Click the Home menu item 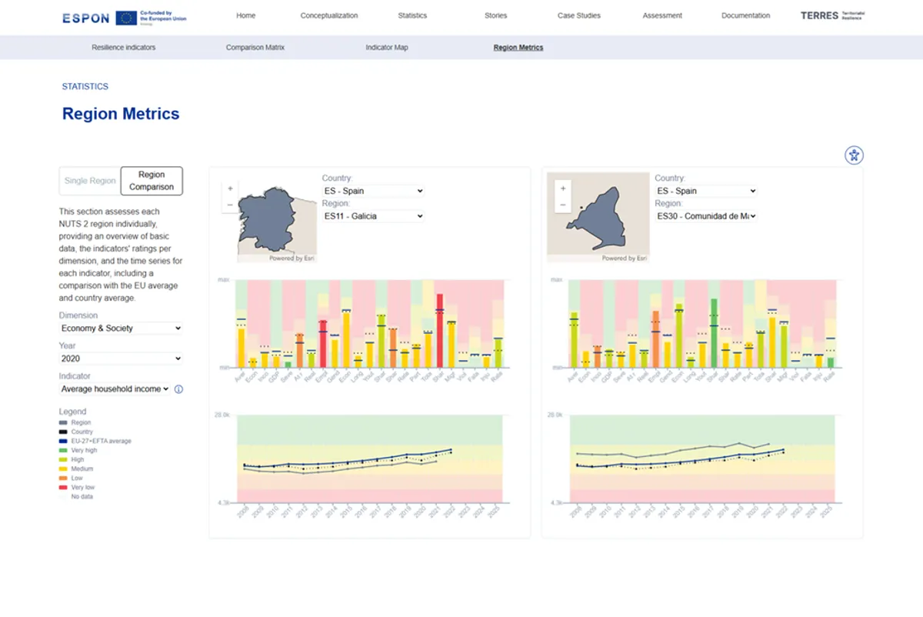pyautogui.click(x=245, y=15)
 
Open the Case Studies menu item pyautogui.click(x=578, y=15)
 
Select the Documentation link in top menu pyautogui.click(x=745, y=15)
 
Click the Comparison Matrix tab pyautogui.click(x=255, y=48)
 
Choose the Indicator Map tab pyautogui.click(x=386, y=48)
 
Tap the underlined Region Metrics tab pyautogui.click(x=518, y=48)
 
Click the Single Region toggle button pyautogui.click(x=90, y=181)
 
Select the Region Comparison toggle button pyautogui.click(x=152, y=181)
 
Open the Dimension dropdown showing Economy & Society pyautogui.click(x=121, y=329)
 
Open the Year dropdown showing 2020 pyautogui.click(x=121, y=359)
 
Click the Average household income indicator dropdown pyautogui.click(x=115, y=389)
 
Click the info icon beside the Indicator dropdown pyautogui.click(x=178, y=389)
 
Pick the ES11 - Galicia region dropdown pyautogui.click(x=373, y=217)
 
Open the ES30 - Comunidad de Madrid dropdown pyautogui.click(x=706, y=217)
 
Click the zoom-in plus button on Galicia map pyautogui.click(x=230, y=188)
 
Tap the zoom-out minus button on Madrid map pyautogui.click(x=563, y=205)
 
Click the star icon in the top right pyautogui.click(x=853, y=155)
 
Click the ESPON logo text pyautogui.click(x=85, y=18)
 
